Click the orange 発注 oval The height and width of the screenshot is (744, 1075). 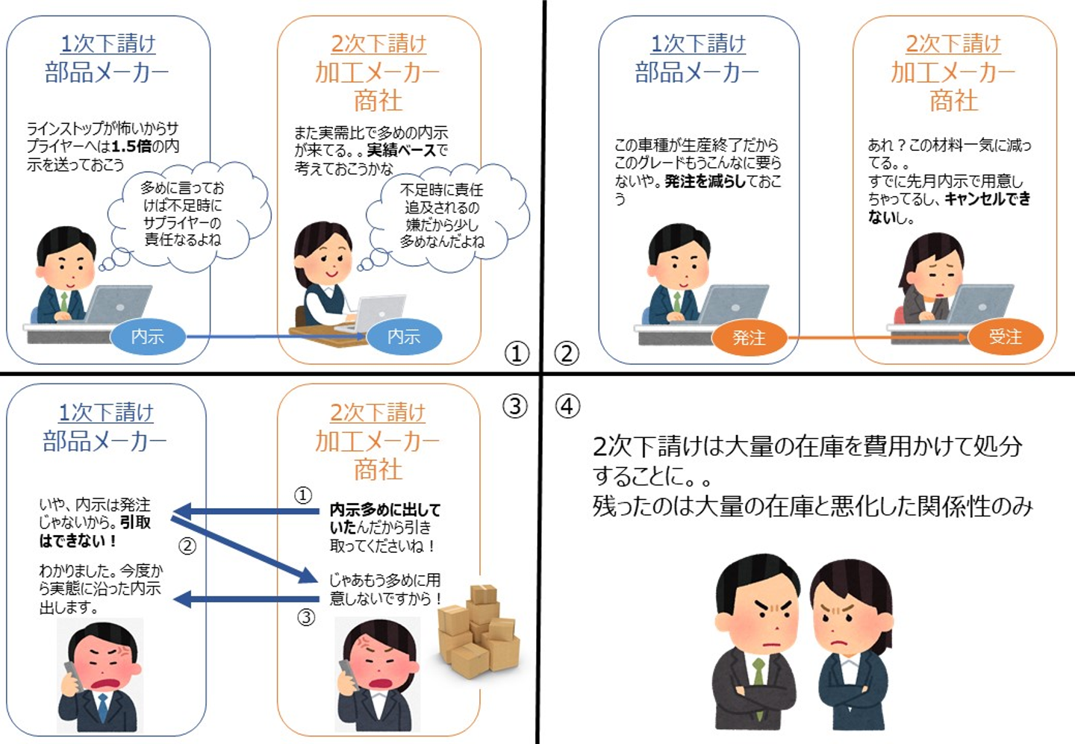tap(749, 337)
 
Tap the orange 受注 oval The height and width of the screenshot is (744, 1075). tap(1005, 337)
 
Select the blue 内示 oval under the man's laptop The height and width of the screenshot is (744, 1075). tap(147, 337)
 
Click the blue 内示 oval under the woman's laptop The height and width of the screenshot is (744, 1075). tap(404, 337)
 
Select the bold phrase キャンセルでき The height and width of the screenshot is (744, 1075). tap(988, 198)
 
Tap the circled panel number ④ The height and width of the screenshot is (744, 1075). tap(568, 406)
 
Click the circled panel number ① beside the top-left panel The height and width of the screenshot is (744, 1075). tap(517, 353)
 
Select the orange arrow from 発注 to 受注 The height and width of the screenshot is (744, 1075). tap(877, 337)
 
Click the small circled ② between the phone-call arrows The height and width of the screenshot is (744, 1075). tap(187, 546)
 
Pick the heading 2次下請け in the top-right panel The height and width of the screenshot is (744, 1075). tap(953, 43)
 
